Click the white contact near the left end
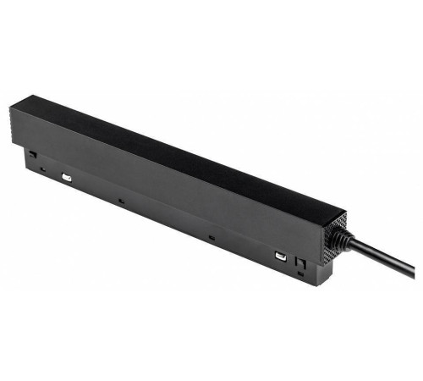(x=66, y=179)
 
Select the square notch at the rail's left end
(x=31, y=155)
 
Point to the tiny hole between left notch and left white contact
(x=42, y=168)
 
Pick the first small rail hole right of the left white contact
(x=122, y=201)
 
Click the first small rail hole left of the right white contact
(x=210, y=240)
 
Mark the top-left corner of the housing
(x=13, y=105)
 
